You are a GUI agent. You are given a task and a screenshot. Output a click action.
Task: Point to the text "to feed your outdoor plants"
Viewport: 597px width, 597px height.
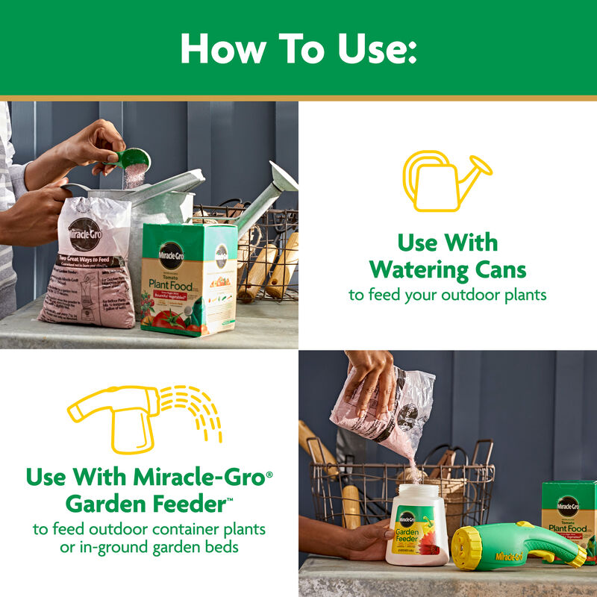click(448, 295)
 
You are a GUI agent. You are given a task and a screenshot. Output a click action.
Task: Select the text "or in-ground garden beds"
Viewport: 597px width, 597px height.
click(149, 548)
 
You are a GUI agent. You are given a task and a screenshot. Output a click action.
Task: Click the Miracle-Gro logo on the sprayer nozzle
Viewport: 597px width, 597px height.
click(509, 556)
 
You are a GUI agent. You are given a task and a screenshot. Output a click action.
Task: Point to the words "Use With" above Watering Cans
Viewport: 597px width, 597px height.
click(448, 243)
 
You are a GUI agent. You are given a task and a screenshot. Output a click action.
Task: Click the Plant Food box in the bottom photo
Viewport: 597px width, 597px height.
click(570, 515)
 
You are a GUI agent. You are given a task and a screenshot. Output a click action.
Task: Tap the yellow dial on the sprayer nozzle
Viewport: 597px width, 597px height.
click(469, 548)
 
